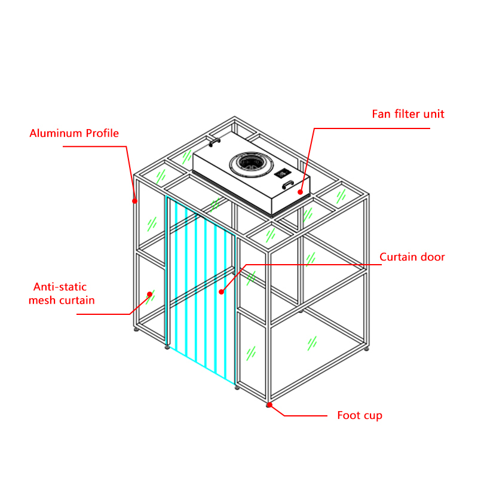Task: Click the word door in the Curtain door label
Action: (x=433, y=258)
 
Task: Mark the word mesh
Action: (x=43, y=300)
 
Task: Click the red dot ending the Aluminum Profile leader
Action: (x=135, y=201)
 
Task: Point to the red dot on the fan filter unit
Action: (x=300, y=192)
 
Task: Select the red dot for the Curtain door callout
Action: (x=221, y=292)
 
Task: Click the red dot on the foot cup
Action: (x=270, y=405)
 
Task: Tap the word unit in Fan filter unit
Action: (x=434, y=114)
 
